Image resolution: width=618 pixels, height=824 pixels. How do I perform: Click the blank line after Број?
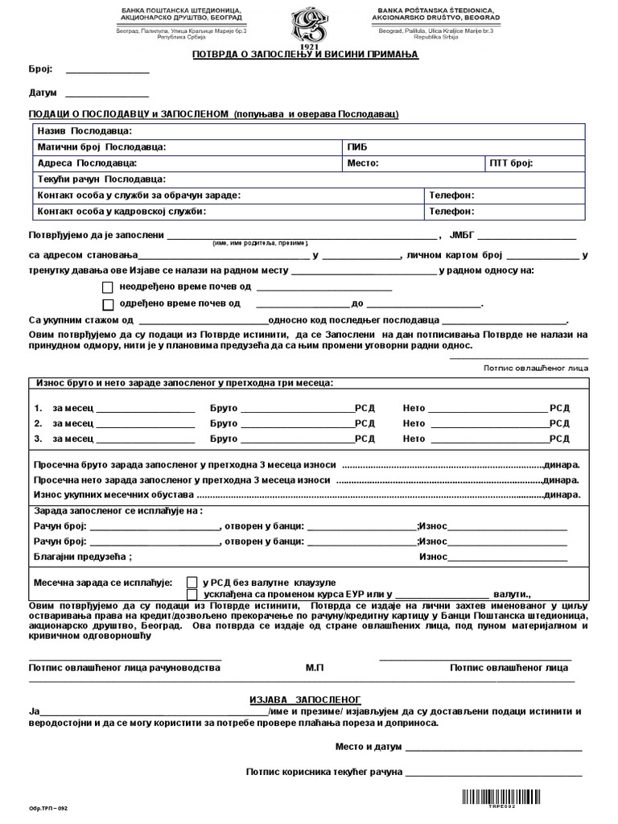[106, 71]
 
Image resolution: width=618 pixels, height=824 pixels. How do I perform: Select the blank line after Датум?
[106, 93]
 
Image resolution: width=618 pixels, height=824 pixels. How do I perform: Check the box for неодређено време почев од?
[108, 287]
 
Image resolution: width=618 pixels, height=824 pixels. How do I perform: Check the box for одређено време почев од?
[108, 304]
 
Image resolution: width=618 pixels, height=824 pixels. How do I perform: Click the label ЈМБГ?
[464, 235]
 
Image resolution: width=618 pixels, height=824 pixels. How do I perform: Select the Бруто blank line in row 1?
[297, 408]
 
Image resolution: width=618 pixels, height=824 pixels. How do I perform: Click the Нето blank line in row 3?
[487, 439]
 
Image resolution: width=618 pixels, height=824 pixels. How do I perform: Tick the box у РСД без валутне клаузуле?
[192, 582]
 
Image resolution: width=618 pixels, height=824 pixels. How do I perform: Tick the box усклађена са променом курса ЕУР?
[192, 595]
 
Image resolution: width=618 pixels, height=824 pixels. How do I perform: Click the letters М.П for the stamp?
[315, 668]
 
